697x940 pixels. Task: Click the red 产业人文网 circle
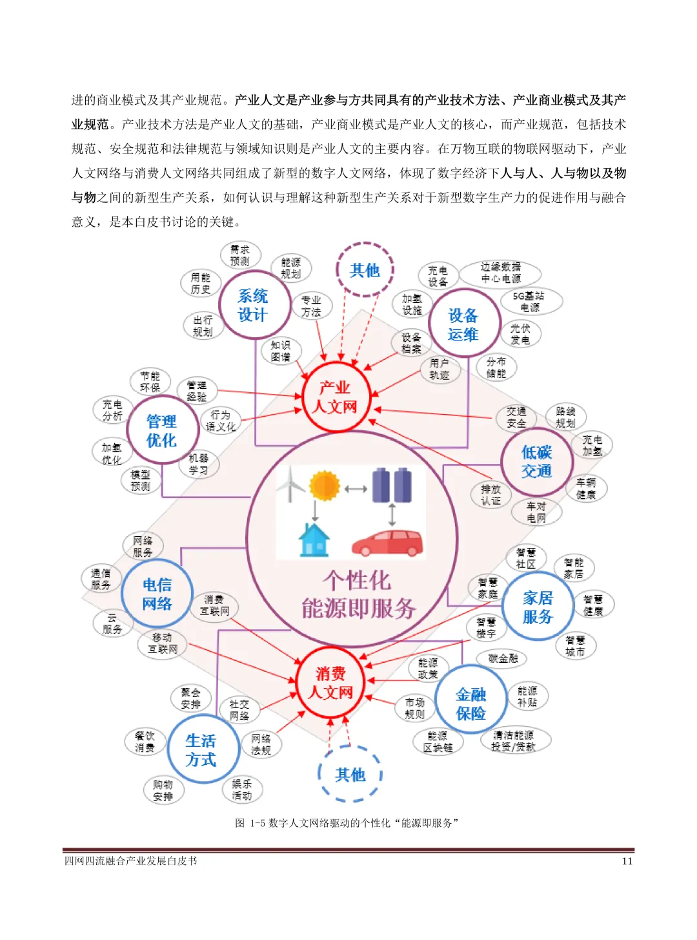point(335,397)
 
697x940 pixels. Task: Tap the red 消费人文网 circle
point(330,683)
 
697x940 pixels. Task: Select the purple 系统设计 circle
point(252,306)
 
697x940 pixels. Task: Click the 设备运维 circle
point(463,325)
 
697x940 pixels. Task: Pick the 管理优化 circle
point(161,431)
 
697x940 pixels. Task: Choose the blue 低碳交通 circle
point(536,461)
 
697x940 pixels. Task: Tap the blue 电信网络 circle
point(157,594)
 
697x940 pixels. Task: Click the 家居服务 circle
point(538,607)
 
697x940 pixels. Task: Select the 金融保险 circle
point(470,704)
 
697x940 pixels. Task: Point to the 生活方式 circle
point(201,750)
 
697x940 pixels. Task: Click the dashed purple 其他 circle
point(365,270)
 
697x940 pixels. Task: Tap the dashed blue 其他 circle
point(350,774)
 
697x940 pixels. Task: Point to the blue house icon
point(314,540)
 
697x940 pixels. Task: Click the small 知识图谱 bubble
point(281,351)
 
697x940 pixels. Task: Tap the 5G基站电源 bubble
point(529,302)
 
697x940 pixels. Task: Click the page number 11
point(627,861)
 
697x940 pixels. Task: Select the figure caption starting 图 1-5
point(347,823)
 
